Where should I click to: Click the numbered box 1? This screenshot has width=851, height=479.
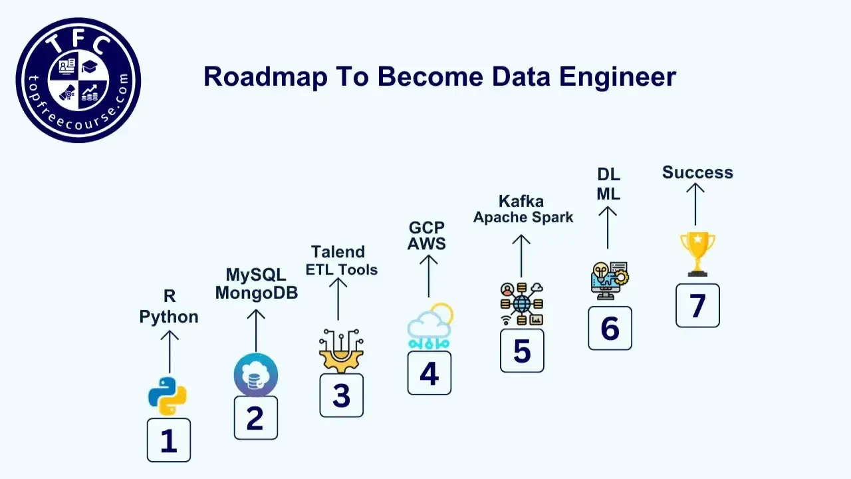[169, 440]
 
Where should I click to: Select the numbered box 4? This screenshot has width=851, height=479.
[429, 373]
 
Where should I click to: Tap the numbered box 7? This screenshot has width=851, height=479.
[697, 305]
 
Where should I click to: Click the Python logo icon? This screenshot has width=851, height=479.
[167, 396]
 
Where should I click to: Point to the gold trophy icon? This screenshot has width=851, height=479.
[697, 253]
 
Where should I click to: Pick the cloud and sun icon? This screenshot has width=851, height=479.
[429, 327]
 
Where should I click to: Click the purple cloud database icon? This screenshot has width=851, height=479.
[256, 375]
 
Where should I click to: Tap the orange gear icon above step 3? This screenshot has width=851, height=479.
[341, 351]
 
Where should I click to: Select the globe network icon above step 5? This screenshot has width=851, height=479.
[522, 304]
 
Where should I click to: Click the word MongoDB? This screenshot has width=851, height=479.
[256, 293]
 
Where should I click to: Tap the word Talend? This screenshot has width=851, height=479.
[338, 252]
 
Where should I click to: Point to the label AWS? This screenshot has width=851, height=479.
[427, 244]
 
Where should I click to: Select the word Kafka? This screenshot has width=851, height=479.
[521, 201]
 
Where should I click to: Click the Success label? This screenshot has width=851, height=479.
[697, 173]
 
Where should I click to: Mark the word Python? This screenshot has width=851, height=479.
[169, 317]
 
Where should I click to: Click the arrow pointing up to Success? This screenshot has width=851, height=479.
[695, 204]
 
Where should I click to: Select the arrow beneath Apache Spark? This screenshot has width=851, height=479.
[521, 255]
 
